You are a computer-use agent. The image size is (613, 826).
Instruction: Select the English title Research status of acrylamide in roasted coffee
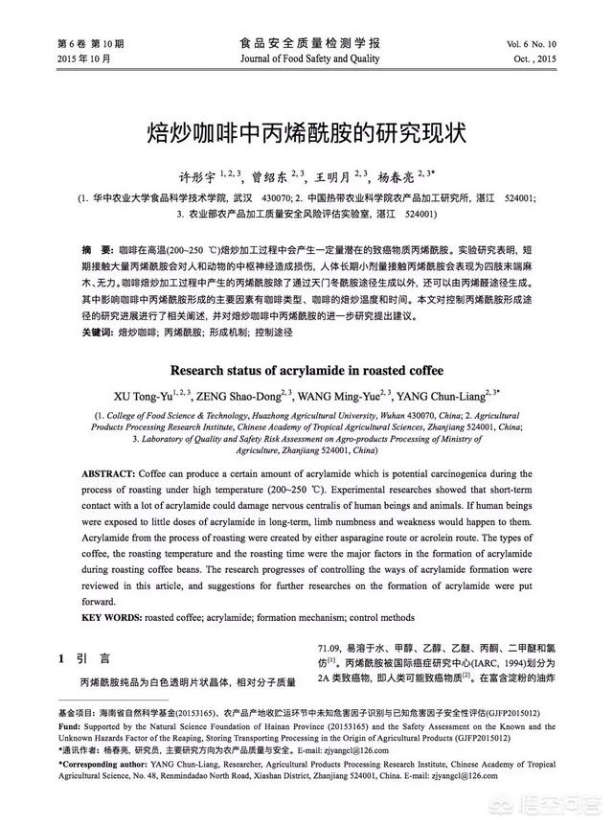(306, 369)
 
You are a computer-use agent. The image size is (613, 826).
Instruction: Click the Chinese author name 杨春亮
(396, 175)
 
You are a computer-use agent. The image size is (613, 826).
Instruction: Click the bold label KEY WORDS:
(112, 617)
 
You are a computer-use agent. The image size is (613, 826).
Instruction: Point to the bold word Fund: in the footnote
(69, 726)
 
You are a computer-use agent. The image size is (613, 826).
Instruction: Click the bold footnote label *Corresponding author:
(103, 765)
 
